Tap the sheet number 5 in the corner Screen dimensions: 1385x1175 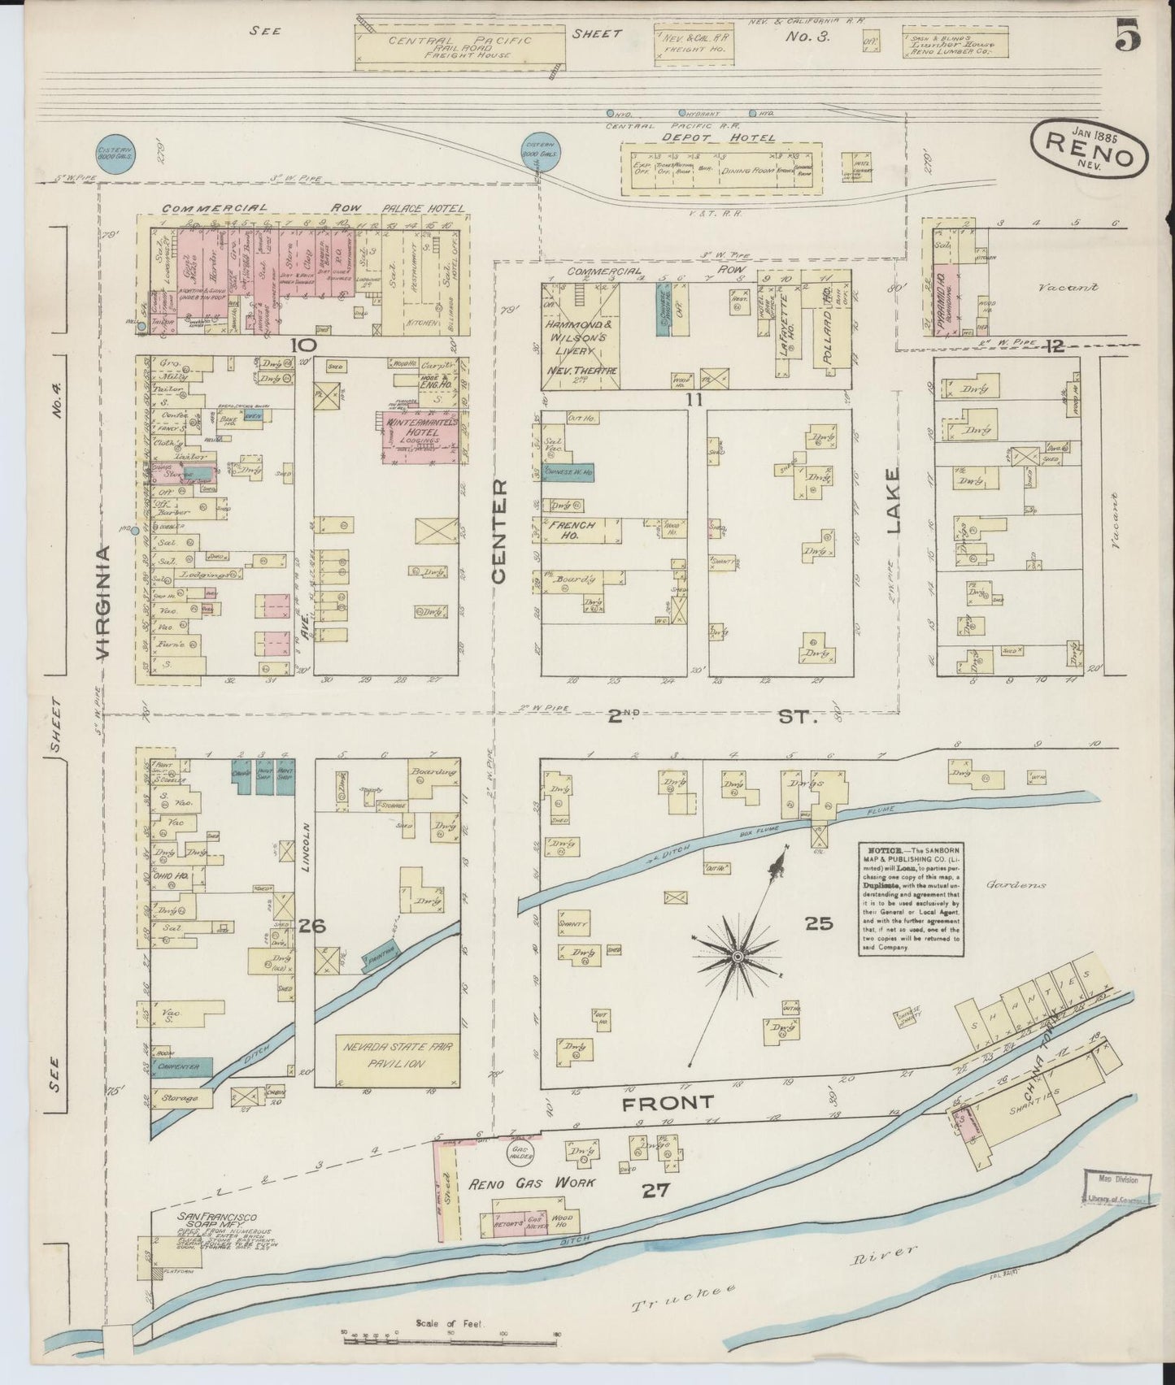point(1129,38)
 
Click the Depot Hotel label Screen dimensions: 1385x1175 point(718,138)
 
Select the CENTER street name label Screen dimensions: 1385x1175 point(498,531)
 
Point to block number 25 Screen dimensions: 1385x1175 point(818,923)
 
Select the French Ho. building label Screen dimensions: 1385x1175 point(574,530)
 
